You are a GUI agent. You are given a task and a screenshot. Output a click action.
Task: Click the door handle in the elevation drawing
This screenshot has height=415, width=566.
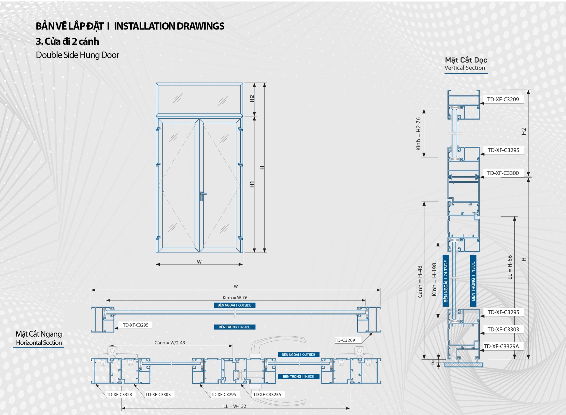click(x=203, y=195)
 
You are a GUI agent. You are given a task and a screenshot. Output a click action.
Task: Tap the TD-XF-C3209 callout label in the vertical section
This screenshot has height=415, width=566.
click(x=503, y=99)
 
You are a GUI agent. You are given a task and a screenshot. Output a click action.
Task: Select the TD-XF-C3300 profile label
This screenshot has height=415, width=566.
click(x=503, y=173)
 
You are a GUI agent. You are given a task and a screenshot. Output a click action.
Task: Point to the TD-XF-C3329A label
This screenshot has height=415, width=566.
click(x=501, y=346)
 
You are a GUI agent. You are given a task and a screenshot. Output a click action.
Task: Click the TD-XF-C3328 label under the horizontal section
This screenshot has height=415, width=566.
click(x=119, y=394)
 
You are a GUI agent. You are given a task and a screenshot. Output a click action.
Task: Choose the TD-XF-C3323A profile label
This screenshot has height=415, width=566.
click(x=267, y=394)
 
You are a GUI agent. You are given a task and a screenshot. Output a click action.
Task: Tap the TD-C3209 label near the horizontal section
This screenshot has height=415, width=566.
click(x=345, y=340)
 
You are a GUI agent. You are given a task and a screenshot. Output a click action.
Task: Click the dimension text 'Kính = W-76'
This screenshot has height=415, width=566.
click(x=235, y=298)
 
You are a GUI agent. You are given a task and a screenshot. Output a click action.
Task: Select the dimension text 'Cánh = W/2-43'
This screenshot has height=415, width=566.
click(x=170, y=343)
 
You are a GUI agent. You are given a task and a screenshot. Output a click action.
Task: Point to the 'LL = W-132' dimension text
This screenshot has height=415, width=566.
click(x=235, y=406)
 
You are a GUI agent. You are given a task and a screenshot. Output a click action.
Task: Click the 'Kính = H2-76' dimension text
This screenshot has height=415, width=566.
click(x=419, y=134)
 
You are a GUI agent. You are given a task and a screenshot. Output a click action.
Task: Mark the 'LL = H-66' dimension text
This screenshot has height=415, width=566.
click(x=510, y=267)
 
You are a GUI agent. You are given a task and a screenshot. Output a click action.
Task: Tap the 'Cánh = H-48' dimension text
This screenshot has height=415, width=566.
click(x=420, y=282)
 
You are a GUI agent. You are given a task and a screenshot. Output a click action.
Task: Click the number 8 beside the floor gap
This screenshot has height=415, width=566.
click(x=433, y=363)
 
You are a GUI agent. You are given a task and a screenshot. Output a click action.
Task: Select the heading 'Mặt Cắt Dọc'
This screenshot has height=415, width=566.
click(x=466, y=60)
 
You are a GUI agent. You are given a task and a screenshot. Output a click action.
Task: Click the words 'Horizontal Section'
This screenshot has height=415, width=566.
click(x=39, y=343)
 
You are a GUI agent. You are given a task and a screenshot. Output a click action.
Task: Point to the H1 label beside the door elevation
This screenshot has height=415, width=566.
click(x=252, y=184)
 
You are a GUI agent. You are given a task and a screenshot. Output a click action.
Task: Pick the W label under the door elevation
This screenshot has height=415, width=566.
click(x=199, y=262)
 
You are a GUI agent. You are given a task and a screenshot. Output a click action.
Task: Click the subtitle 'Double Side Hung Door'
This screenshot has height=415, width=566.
click(x=78, y=55)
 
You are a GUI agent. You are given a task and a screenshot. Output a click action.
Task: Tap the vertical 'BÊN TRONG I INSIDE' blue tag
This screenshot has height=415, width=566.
click(x=473, y=281)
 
